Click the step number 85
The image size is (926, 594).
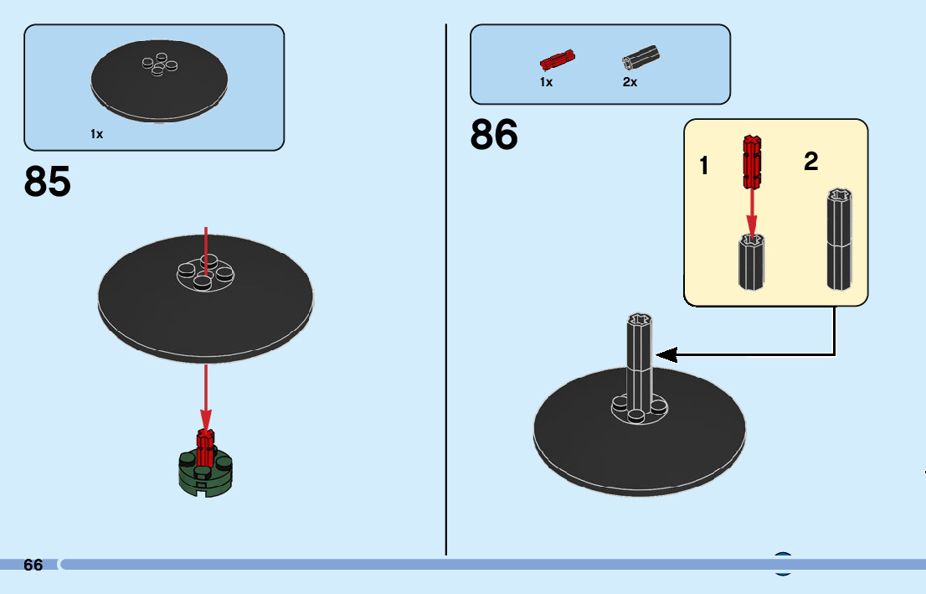pos(48,182)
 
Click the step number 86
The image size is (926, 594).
pos(494,135)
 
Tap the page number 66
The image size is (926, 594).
pos(33,566)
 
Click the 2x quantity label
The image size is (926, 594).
pos(630,83)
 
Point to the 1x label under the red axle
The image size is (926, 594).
pos(547,83)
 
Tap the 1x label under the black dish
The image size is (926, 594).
pos(97,134)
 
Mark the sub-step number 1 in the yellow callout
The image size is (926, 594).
pos(704,167)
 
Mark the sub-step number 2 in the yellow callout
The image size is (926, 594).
pos(810,162)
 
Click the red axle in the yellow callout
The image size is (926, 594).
pos(752,161)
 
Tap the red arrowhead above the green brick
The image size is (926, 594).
pos(206,418)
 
